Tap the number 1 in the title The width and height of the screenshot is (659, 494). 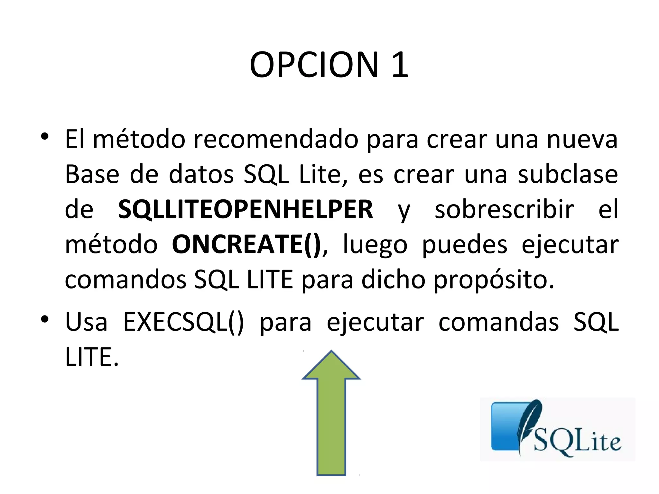coord(400,65)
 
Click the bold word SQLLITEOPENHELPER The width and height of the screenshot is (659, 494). coord(245,209)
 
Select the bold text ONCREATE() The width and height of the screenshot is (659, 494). coord(246,244)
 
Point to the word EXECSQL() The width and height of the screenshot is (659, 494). coord(183,322)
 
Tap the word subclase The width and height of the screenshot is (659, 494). coord(568,175)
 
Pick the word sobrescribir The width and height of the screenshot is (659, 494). coord(504,209)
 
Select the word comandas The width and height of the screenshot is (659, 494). coord(498,322)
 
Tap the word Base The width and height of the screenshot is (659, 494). coord(92,175)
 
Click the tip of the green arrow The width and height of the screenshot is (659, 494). coord(331,352)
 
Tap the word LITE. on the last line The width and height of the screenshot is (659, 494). coord(92,357)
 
